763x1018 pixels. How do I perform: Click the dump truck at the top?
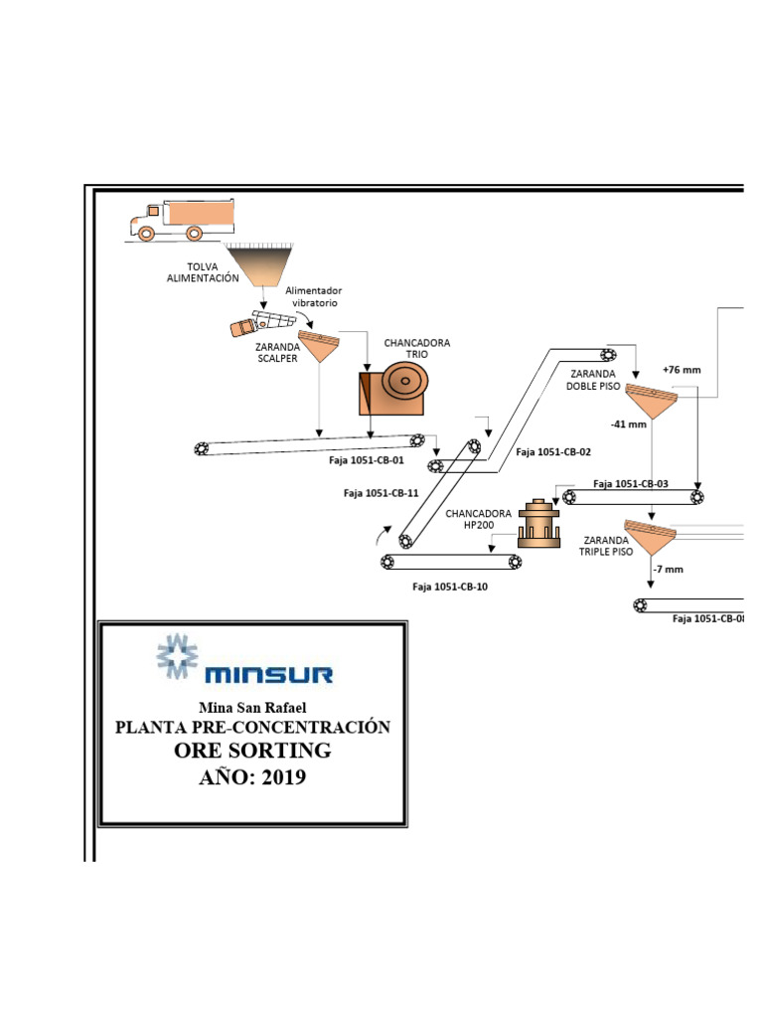(181, 220)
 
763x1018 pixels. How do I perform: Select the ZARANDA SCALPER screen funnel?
(319, 346)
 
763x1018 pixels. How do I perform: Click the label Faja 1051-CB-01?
(367, 460)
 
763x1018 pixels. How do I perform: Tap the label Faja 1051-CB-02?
(553, 452)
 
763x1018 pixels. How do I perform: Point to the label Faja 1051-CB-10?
(450, 587)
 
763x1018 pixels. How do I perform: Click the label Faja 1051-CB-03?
(631, 484)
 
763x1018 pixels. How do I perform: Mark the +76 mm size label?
(682, 370)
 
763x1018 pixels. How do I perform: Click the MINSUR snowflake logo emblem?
(177, 655)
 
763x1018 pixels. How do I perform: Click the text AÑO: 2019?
(252, 777)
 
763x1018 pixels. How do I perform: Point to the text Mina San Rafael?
(252, 707)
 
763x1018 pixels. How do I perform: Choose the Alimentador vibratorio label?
(313, 296)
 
